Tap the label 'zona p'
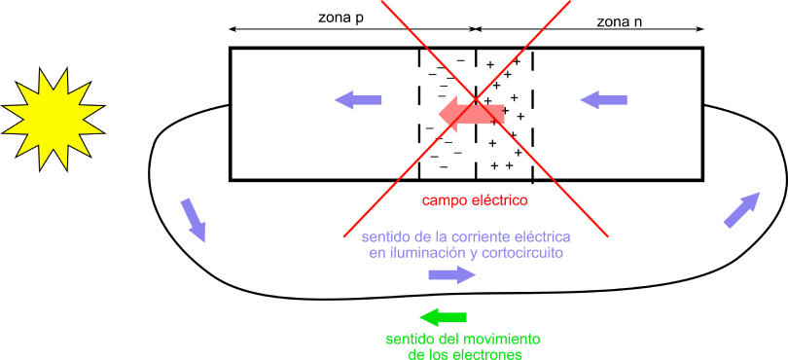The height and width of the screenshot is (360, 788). click(342, 18)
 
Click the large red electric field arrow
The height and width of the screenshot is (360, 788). click(471, 114)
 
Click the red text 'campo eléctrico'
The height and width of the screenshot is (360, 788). click(474, 201)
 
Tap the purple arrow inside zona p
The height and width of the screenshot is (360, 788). click(359, 98)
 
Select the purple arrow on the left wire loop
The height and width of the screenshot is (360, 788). click(194, 219)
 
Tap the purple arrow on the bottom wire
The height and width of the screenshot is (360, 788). click(451, 275)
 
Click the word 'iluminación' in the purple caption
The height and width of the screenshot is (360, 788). click(420, 253)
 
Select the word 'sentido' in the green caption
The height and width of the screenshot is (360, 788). click(411, 339)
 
